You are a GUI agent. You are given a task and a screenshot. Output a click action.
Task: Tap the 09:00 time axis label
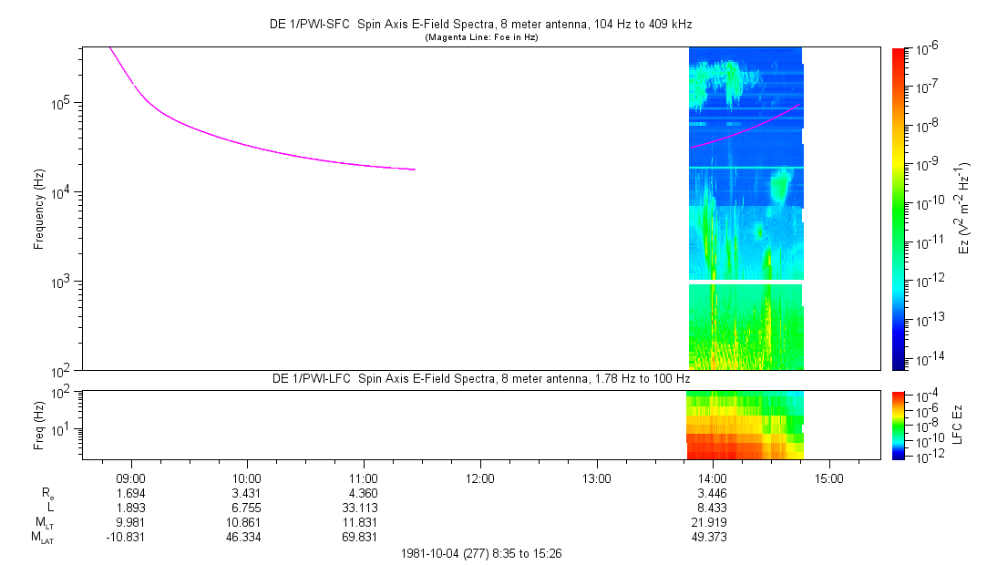pyautogui.click(x=131, y=478)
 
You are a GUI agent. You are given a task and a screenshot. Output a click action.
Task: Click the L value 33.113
pyautogui.click(x=364, y=508)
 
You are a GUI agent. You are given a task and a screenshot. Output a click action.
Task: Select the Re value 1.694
pyautogui.click(x=131, y=493)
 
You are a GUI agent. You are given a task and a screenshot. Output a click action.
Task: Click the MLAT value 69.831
pyautogui.click(x=364, y=537)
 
